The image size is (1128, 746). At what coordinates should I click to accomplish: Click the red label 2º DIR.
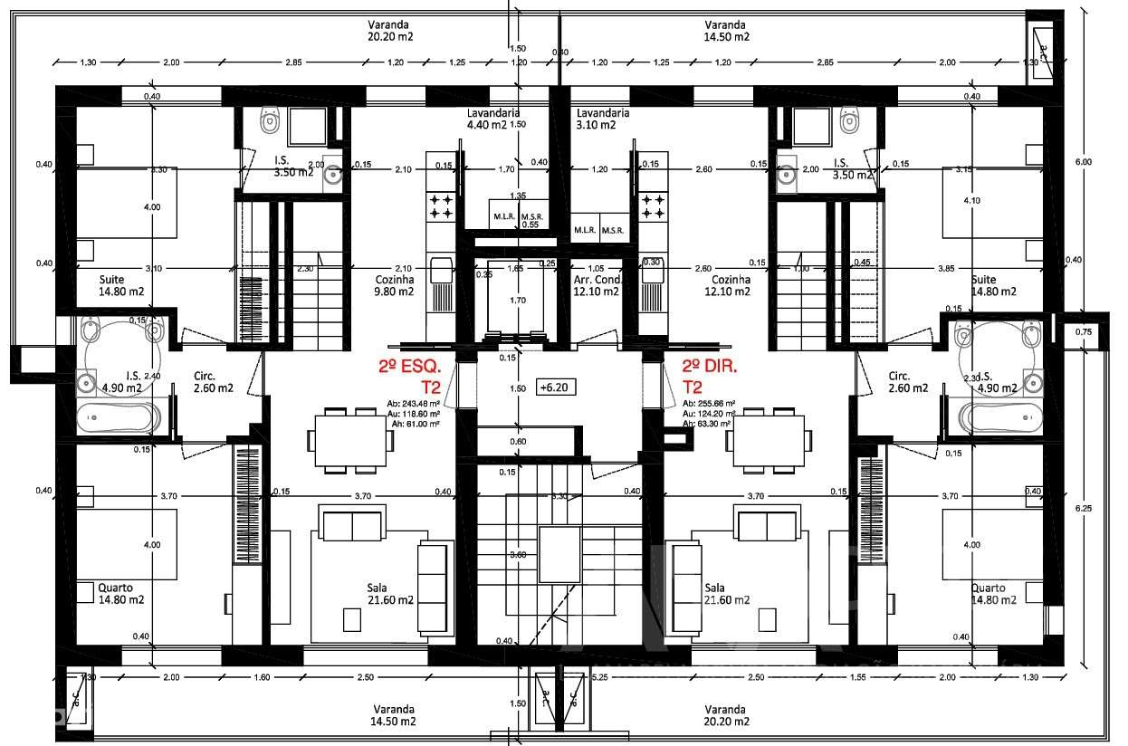pos(711,368)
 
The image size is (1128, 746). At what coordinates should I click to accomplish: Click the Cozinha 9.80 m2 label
pos(394,285)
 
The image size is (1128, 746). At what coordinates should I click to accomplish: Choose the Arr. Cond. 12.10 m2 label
pos(596,285)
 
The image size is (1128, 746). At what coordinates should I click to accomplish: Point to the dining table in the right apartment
pos(769,440)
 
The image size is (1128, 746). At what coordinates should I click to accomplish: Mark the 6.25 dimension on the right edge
pos(1085,508)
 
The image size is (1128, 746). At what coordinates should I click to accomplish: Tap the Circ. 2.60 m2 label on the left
pos(214,381)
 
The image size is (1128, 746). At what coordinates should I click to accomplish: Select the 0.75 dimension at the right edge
pos(1083,331)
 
